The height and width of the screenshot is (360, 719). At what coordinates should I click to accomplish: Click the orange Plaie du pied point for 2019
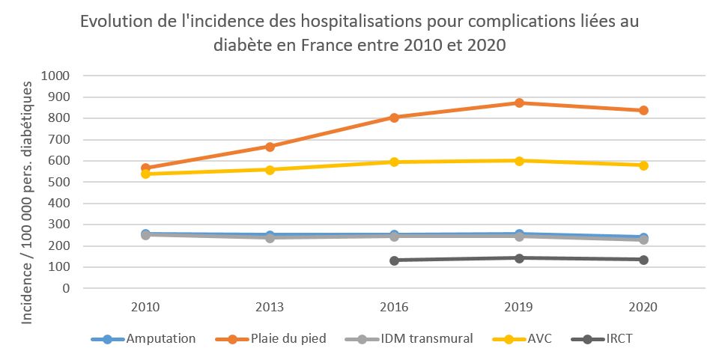518,103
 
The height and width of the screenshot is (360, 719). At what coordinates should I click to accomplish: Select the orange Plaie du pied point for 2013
270,147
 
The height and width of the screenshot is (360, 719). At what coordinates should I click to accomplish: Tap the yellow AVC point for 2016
394,162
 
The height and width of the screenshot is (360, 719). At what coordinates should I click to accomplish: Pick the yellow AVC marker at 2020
643,165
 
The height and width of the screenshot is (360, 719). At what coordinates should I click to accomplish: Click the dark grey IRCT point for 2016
394,260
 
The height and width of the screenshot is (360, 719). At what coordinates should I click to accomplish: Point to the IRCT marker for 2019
518,258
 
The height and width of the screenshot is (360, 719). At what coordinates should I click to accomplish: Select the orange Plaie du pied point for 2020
643,111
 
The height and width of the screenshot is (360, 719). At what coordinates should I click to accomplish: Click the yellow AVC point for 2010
145,174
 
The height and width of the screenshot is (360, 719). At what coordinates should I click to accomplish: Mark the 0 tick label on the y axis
66,288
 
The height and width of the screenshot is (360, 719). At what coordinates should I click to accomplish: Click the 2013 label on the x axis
270,307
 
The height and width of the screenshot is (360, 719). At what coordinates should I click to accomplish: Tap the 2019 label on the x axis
518,307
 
